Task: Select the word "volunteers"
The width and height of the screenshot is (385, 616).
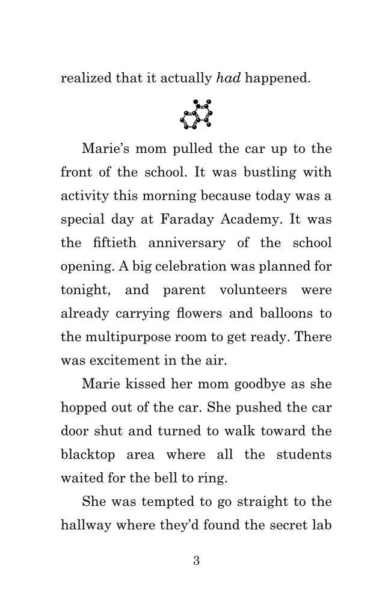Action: [250, 289]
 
